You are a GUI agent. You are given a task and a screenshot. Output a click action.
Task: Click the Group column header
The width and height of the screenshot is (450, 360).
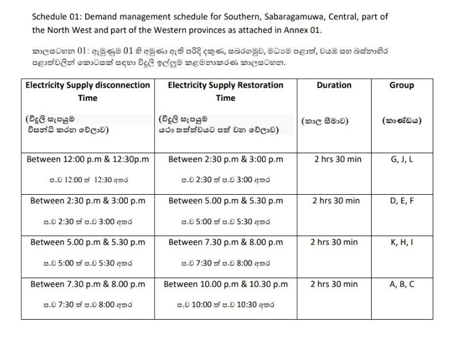[x=401, y=85]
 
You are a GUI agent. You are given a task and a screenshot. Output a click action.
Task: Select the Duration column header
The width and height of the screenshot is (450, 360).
[x=334, y=85]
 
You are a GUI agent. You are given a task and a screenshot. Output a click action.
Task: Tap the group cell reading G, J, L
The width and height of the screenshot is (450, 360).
[x=401, y=159]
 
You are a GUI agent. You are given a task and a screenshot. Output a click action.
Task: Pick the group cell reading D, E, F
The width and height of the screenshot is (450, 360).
[x=401, y=200]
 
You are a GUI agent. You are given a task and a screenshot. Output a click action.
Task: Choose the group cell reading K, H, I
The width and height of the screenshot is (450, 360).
[x=401, y=242]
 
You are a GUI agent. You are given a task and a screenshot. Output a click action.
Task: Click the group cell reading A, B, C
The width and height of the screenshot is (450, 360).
[x=401, y=284]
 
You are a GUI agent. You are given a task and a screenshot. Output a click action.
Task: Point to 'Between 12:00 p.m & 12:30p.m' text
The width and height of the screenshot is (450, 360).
[x=88, y=159]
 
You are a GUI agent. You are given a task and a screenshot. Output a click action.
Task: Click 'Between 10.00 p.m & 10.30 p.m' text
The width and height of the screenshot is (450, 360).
[x=225, y=284]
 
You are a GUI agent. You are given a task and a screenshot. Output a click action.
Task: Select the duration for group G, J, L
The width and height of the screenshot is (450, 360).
[x=338, y=159]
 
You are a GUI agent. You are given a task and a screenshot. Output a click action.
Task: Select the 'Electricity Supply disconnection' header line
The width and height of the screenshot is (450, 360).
[x=88, y=85]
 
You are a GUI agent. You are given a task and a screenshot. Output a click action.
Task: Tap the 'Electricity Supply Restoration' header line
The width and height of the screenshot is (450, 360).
[x=225, y=85]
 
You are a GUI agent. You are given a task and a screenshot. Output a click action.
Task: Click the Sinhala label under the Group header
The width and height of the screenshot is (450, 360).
[x=401, y=121]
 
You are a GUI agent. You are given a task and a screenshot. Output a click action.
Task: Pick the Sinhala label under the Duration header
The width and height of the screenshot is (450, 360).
[x=325, y=121]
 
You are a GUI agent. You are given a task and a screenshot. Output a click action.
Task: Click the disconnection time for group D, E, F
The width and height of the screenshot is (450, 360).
[x=88, y=201]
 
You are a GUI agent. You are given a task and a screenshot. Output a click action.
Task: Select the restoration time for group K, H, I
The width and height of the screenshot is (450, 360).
[x=225, y=242]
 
